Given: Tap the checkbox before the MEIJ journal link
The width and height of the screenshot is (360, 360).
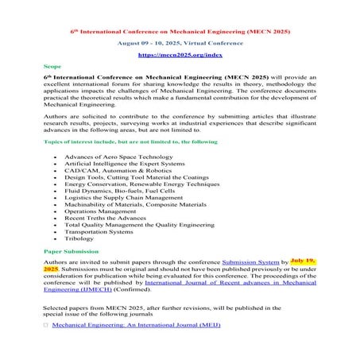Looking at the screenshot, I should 45,326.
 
